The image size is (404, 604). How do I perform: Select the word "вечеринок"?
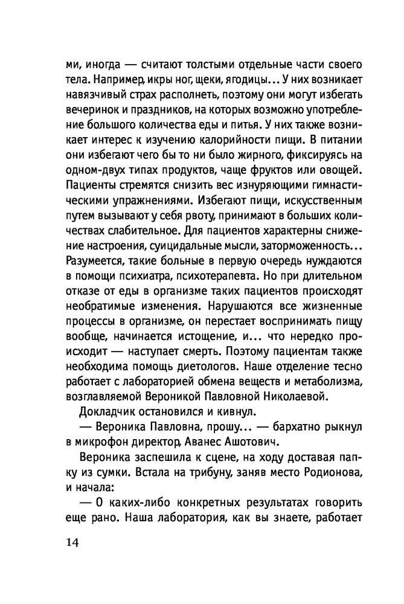(x=89, y=109)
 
